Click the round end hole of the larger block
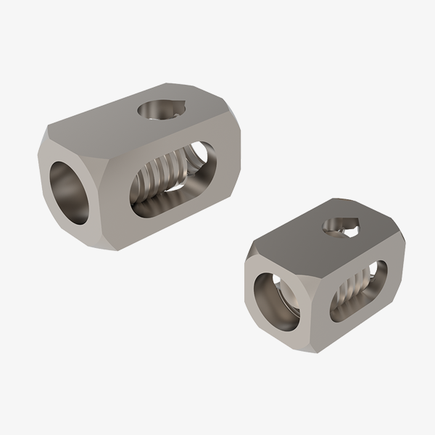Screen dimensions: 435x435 pos(71,191)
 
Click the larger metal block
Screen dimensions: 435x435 pos(138,167)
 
